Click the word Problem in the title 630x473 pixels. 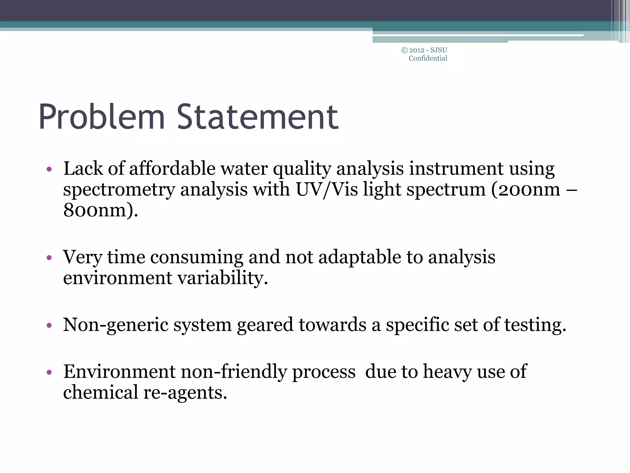tap(102, 117)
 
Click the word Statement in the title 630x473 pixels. tap(257, 117)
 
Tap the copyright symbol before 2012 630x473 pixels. tap(405, 50)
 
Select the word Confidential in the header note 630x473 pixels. tap(428, 59)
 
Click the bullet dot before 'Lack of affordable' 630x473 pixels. tap(49, 169)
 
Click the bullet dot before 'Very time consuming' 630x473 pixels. tap(49, 257)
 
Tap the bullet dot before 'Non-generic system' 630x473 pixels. tap(49, 325)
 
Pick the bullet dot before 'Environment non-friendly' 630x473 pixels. tap(49, 372)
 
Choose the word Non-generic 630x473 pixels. tap(116, 325)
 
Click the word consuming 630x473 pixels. tap(197, 257)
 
